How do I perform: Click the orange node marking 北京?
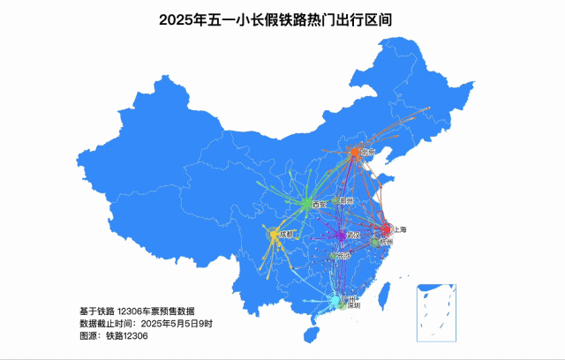click(354, 153)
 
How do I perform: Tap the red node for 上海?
click(386, 229)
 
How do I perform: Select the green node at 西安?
click(306, 205)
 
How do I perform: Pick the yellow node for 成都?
click(274, 235)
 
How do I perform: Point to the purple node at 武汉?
click(341, 236)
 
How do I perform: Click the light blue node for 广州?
click(335, 302)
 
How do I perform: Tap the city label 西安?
click(320, 205)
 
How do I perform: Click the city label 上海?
click(399, 229)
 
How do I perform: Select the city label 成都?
click(286, 235)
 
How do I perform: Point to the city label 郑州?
click(346, 201)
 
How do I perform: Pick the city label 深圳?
click(352, 307)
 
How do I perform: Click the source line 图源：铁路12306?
click(114, 336)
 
